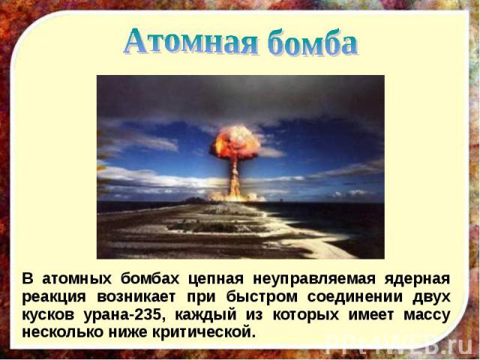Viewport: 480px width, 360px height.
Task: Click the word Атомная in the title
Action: click(x=190, y=41)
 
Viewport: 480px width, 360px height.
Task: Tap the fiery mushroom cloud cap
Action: click(x=235, y=142)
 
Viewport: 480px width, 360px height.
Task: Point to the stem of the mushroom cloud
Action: click(x=235, y=178)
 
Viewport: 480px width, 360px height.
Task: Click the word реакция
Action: click(x=54, y=298)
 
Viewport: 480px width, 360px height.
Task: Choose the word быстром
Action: click(x=262, y=297)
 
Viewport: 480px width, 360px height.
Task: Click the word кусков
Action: click(x=48, y=315)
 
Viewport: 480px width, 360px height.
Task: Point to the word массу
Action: click(x=427, y=315)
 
